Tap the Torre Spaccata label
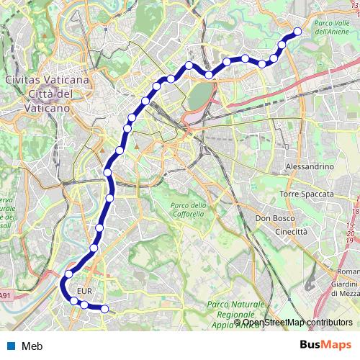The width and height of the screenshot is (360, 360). click(307, 194)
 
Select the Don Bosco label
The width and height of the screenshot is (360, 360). click(272, 218)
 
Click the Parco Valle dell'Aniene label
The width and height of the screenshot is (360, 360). click(332, 27)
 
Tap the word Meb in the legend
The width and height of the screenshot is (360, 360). click(32, 346)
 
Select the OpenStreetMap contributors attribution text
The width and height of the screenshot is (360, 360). click(288, 322)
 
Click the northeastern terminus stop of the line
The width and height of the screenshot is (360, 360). click(297, 31)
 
